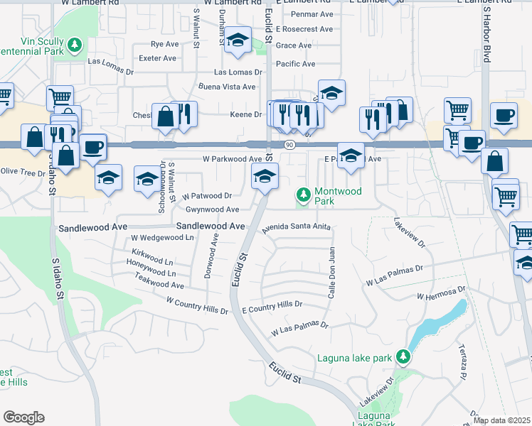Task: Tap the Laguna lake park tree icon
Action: tap(403, 356)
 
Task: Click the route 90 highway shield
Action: tap(288, 145)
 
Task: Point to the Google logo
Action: tap(24, 417)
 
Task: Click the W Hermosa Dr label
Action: tap(440, 293)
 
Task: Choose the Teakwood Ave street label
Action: tap(160, 285)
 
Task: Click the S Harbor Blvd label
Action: tap(487, 32)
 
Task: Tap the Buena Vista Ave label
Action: tap(227, 87)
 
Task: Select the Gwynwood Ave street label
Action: tap(212, 209)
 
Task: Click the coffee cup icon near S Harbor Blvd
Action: tap(504, 115)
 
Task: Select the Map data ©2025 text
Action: tap(501, 420)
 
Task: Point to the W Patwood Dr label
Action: tap(207, 195)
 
